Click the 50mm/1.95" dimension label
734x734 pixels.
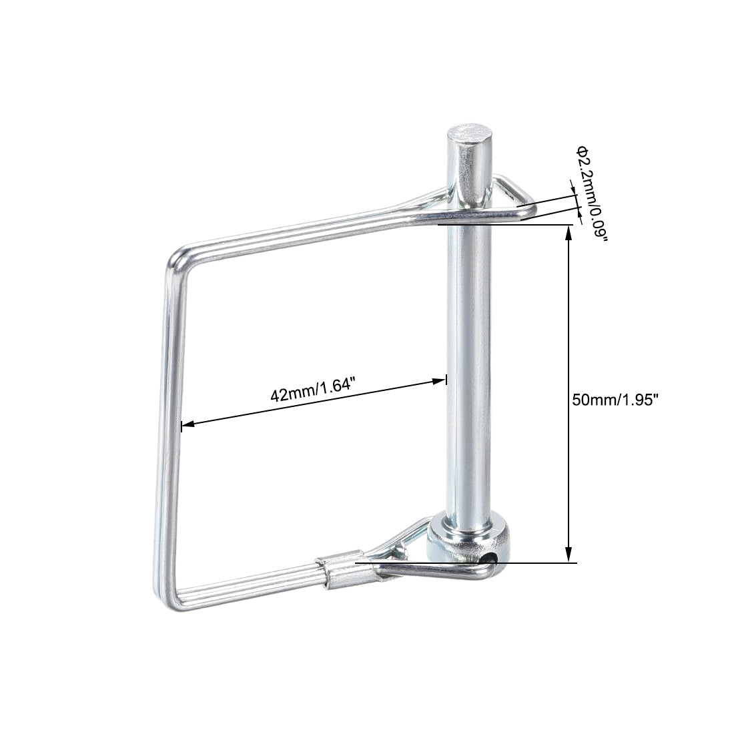click(615, 400)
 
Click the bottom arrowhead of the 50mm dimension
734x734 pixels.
click(569, 557)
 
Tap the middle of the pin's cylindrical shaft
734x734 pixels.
click(470, 374)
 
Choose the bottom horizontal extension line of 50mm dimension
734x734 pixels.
click(534, 563)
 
